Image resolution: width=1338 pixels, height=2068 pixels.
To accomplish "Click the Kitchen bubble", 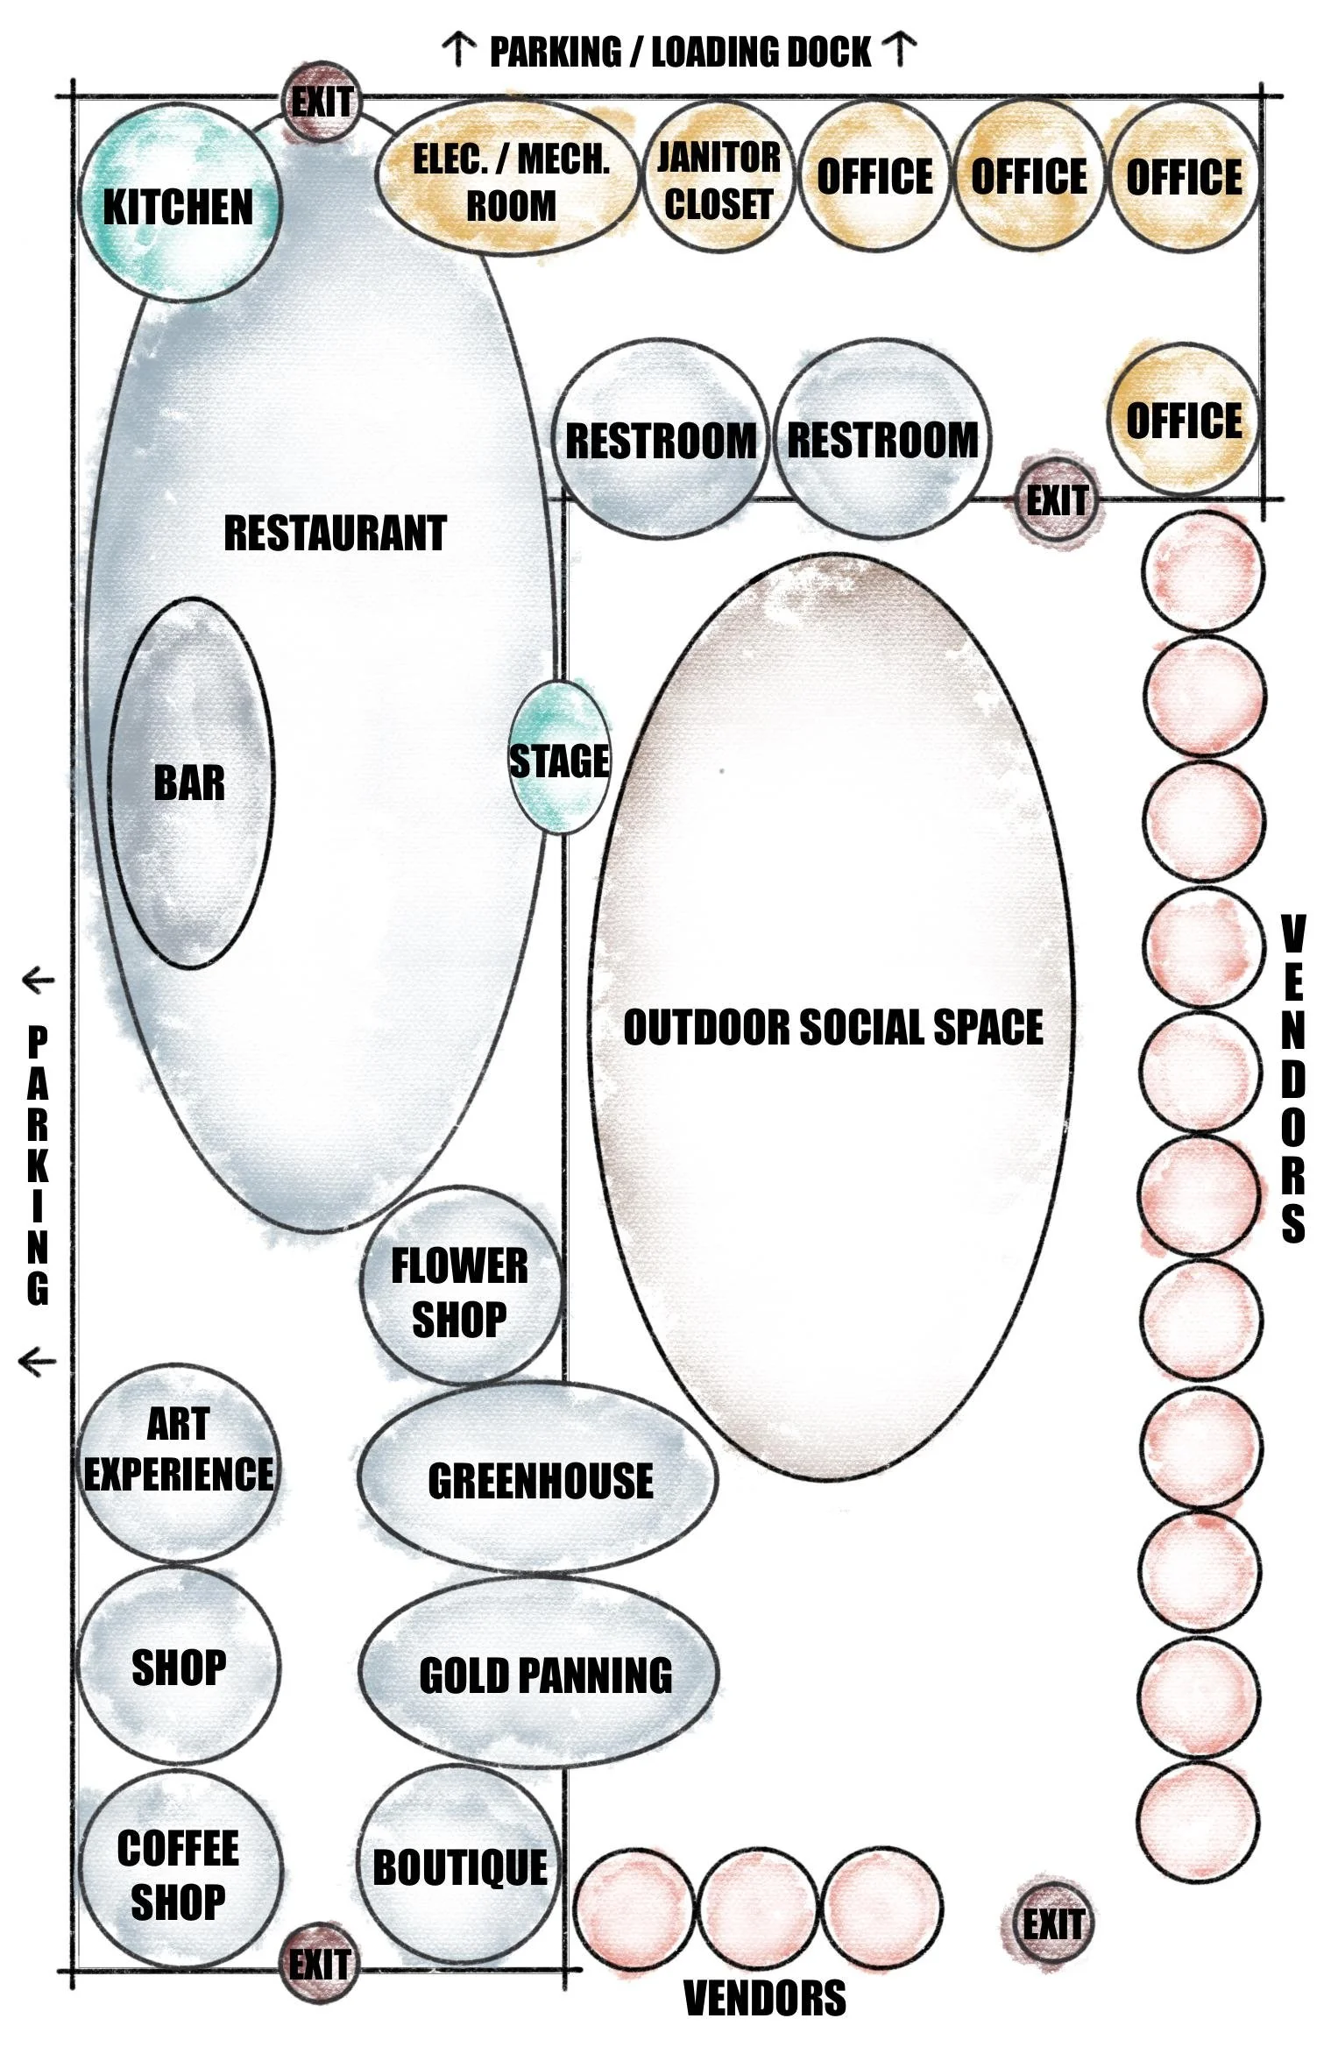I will click(179, 204).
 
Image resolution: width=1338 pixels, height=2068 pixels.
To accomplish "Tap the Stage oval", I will click(559, 759).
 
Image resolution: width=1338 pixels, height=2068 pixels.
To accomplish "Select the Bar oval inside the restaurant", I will click(189, 783).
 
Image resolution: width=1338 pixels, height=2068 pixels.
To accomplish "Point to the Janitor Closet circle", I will click(719, 180).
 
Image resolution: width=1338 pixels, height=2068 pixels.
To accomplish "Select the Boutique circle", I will click(459, 1866).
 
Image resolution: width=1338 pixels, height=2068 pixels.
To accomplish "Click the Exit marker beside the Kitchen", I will click(322, 103).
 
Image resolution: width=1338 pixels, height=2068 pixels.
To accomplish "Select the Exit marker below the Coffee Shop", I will click(320, 1964).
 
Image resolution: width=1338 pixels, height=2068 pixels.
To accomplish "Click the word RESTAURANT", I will click(335, 533).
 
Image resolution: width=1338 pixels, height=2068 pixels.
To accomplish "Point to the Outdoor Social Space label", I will click(832, 1027).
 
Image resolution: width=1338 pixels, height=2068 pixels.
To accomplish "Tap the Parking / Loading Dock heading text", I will click(680, 52).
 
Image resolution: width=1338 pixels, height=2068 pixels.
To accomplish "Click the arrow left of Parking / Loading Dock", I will click(458, 50).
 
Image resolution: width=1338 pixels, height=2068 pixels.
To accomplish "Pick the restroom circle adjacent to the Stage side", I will click(661, 438).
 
